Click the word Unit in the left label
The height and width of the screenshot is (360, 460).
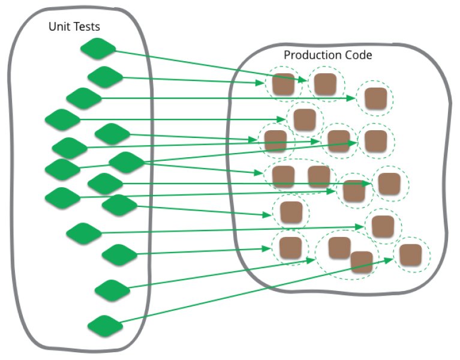tap(59, 27)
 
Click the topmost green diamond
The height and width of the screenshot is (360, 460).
tap(97, 49)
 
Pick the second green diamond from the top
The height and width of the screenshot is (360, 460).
tap(105, 77)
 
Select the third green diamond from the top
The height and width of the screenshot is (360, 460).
tap(83, 98)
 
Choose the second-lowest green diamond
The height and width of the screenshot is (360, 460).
tap(112, 290)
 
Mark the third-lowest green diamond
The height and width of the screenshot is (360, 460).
tap(119, 254)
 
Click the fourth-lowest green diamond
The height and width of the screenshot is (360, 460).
tap(83, 233)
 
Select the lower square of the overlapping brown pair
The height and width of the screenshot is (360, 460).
tap(362, 262)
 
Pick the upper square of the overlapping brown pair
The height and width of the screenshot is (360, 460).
tap(339, 248)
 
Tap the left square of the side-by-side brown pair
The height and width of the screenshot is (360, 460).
tap(283, 176)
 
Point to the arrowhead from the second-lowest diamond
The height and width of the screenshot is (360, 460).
tap(314, 260)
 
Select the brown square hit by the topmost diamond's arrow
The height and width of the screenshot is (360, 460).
tap(283, 85)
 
